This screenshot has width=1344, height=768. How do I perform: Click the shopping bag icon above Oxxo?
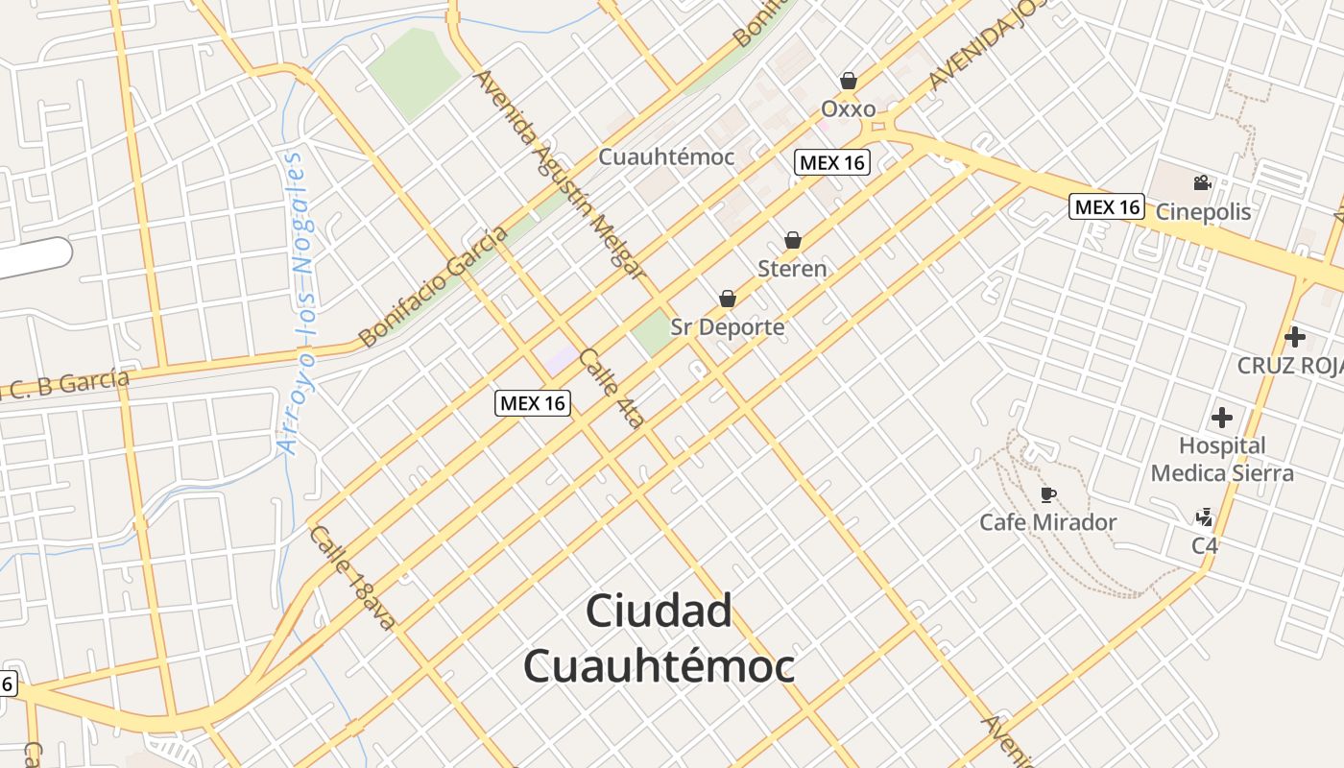[849, 81]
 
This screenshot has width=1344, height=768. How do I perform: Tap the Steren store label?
[792, 269]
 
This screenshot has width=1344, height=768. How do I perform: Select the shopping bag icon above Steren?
[793, 240]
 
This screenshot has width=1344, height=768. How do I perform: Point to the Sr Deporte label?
[728, 327]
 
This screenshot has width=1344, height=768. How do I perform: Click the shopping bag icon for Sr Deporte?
[728, 299]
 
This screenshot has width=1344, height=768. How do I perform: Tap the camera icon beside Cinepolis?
[1202, 182]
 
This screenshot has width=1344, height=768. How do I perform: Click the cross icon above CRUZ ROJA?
[1295, 337]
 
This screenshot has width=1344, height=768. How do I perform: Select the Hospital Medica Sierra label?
[1222, 459]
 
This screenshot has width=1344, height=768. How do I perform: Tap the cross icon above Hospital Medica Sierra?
[1222, 418]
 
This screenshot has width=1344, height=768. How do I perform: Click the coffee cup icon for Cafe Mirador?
[1048, 494]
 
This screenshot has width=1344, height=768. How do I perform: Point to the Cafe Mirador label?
[1047, 522]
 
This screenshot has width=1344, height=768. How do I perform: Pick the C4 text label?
[1205, 545]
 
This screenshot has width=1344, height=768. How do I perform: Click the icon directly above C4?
[1205, 518]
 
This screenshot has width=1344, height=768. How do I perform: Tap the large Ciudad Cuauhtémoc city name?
[660, 638]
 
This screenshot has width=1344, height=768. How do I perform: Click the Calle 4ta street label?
[612, 387]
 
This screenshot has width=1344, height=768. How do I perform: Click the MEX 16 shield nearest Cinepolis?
[1107, 206]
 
